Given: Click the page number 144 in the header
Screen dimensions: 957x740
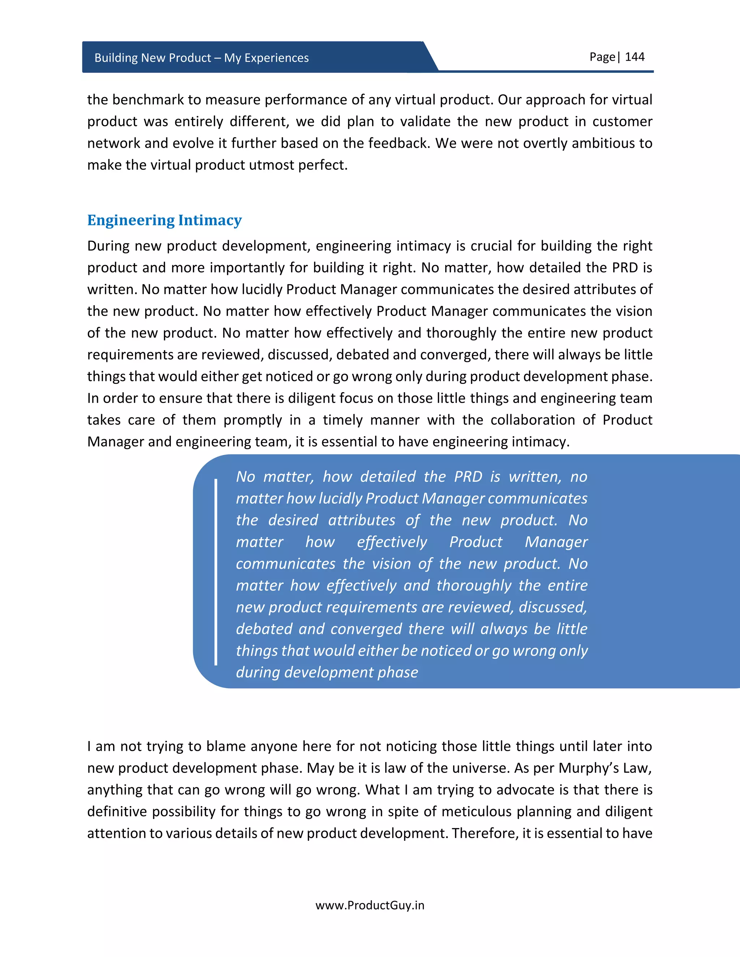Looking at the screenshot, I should coord(634,57).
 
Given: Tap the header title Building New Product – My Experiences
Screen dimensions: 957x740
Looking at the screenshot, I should coord(202,58).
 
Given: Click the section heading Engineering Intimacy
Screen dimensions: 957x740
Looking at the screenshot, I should coord(164,220).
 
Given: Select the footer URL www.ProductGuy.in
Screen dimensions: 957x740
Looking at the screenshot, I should coord(370,905).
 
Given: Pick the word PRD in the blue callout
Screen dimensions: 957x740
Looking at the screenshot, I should coord(468,477).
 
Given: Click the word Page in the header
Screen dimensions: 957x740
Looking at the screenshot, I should coord(602,57).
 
